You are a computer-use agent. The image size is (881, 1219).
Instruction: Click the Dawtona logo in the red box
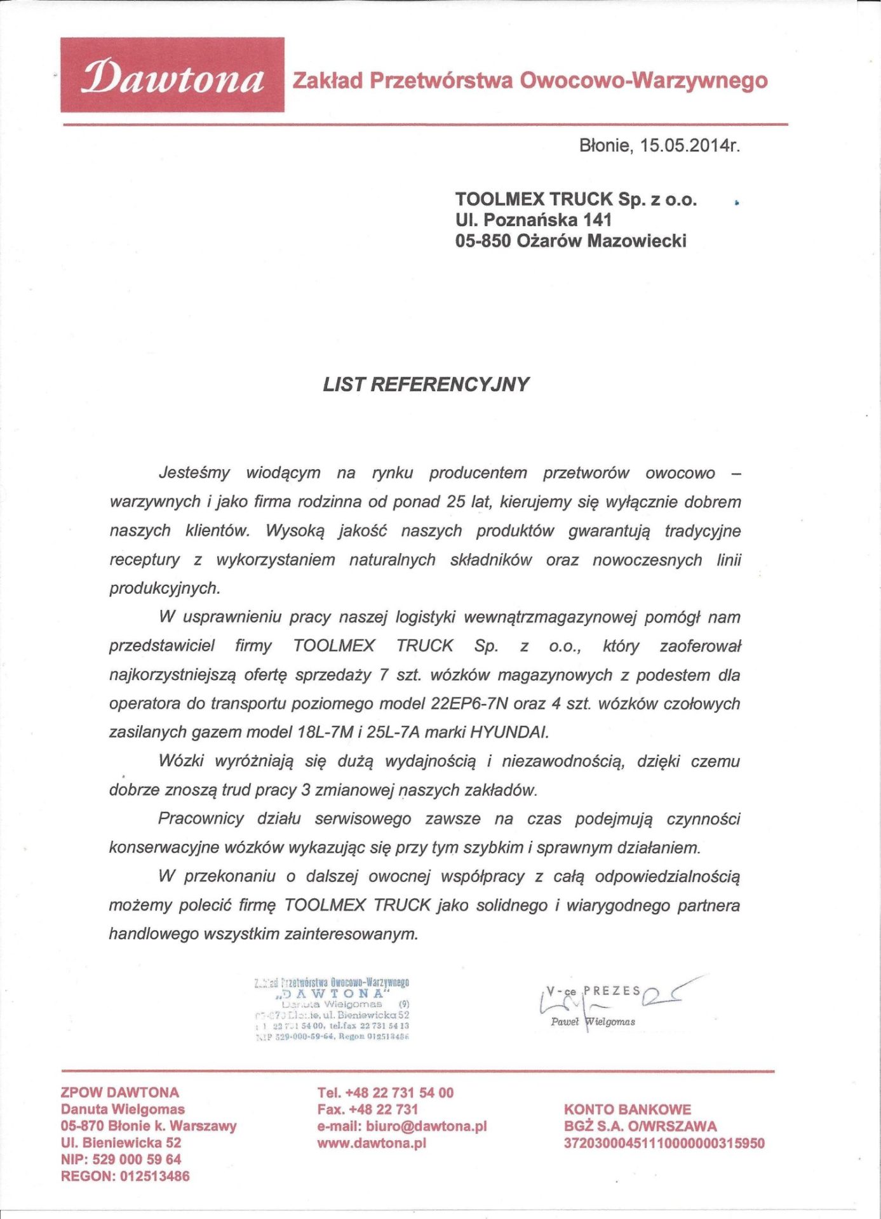click(172, 76)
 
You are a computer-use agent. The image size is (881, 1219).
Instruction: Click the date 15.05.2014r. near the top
click(690, 145)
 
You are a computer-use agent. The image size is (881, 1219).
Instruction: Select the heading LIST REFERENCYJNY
click(426, 384)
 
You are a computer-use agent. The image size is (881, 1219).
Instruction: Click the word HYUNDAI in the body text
click(509, 732)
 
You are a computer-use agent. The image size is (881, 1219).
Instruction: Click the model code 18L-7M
click(325, 732)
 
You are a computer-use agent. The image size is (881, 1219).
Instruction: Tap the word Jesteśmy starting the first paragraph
click(194, 472)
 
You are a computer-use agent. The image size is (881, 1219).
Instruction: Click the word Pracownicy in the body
click(201, 818)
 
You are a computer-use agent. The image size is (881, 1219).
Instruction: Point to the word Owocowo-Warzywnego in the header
click(643, 81)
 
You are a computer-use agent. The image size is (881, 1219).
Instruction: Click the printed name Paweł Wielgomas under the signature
click(593, 1022)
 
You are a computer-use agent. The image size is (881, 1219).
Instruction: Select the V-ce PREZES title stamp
click(593, 991)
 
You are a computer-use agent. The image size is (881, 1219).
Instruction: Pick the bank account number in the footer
click(664, 1143)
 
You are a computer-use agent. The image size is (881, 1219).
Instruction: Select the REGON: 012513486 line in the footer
click(125, 1176)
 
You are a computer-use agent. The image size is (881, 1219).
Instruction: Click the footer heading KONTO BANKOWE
click(627, 1109)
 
